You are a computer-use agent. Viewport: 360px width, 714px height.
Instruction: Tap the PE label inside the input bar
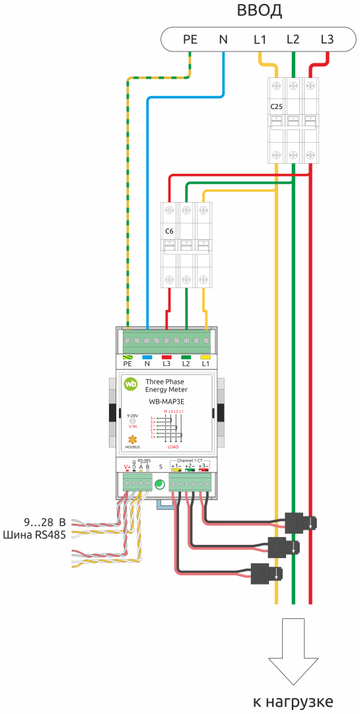190,40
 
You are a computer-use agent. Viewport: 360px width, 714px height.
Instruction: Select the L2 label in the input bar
293,40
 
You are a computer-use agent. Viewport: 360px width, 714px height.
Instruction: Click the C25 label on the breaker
277,106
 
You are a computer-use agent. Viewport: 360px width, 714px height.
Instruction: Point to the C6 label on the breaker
169,232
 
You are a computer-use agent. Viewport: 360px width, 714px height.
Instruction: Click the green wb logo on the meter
132,384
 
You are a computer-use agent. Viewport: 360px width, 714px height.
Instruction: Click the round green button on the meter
159,486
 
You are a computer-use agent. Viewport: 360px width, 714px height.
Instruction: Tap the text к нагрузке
293,701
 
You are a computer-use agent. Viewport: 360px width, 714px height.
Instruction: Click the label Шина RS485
34,534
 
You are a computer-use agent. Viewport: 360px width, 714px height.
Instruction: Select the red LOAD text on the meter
173,446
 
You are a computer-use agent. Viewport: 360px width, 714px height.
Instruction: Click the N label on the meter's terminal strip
147,363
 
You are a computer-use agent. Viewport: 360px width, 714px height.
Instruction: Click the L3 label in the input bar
326,40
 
